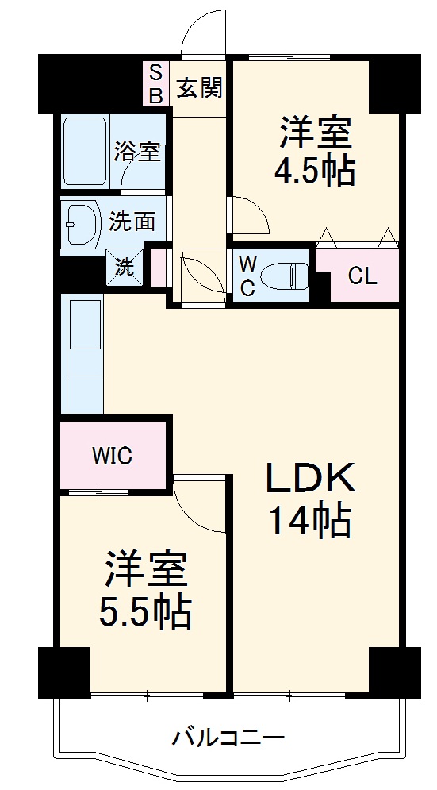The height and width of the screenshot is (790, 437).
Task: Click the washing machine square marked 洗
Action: pyautogui.click(x=126, y=268)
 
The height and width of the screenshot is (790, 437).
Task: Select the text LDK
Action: pyautogui.click(x=309, y=480)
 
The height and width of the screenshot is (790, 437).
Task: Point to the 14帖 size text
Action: pyautogui.click(x=309, y=522)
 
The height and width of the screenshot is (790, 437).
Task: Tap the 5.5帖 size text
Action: pyautogui.click(x=145, y=611)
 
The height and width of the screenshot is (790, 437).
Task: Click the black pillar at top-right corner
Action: pyautogui.click(x=395, y=82)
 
